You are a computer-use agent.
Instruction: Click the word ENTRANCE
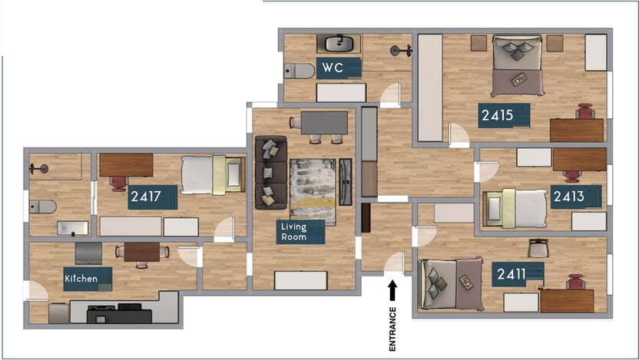(392, 329)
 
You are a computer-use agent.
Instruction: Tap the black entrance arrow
(392, 289)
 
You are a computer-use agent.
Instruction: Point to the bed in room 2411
(450, 283)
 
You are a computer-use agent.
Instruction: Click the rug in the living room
(313, 191)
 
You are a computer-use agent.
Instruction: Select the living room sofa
(270, 172)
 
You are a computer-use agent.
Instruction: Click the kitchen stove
(118, 313)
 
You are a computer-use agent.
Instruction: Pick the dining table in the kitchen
(141, 251)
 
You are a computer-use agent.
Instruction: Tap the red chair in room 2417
(118, 183)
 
